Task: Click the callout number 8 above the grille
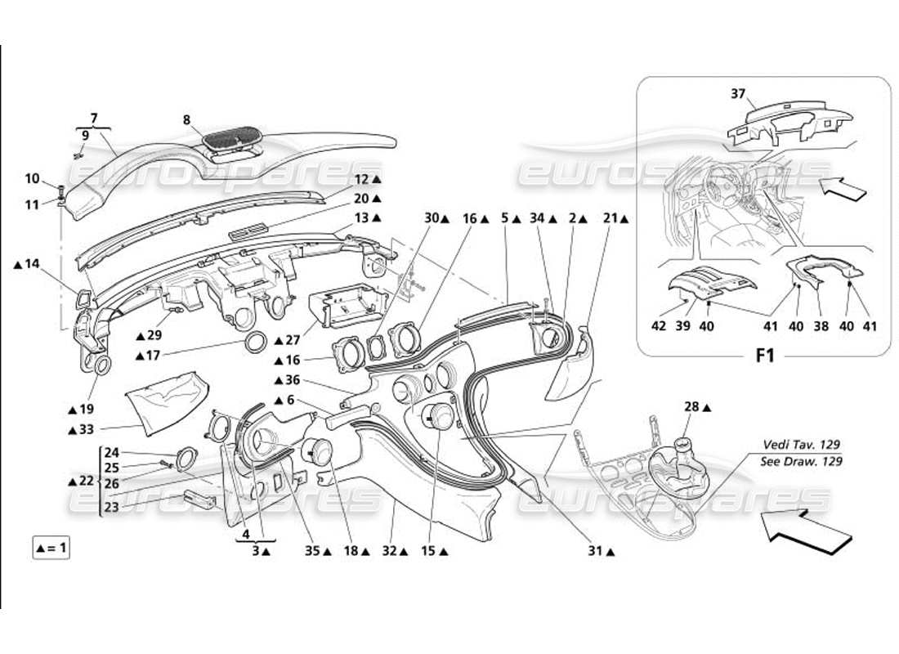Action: click(187, 120)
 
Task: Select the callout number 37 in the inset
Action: click(739, 94)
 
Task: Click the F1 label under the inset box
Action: click(763, 356)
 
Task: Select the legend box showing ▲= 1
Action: click(51, 548)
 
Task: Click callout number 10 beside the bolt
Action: click(33, 178)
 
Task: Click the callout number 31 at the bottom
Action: click(601, 552)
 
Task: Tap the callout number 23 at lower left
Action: click(111, 506)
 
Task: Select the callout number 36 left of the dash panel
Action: click(292, 379)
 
